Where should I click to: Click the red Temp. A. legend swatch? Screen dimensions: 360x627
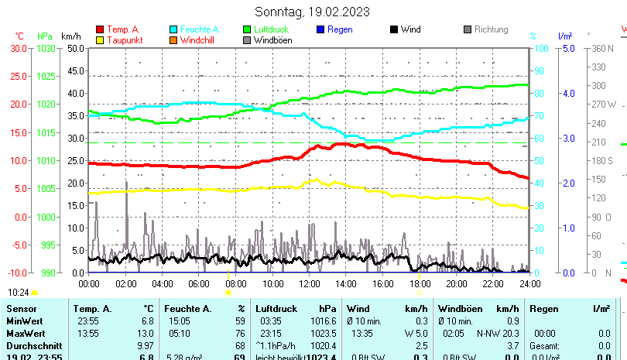click(x=99, y=30)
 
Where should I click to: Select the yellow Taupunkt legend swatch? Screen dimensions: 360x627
click(x=99, y=40)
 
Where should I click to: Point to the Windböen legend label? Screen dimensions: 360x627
click(x=272, y=40)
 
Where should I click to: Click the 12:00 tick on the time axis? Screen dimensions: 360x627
click(x=308, y=283)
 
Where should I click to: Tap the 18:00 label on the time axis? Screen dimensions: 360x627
click(x=419, y=283)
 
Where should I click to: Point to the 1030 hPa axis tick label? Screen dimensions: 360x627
click(x=46, y=48)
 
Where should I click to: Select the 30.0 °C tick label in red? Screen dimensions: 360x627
click(x=19, y=48)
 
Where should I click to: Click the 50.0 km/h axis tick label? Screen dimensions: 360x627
click(x=75, y=48)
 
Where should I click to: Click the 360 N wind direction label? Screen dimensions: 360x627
click(x=602, y=48)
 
